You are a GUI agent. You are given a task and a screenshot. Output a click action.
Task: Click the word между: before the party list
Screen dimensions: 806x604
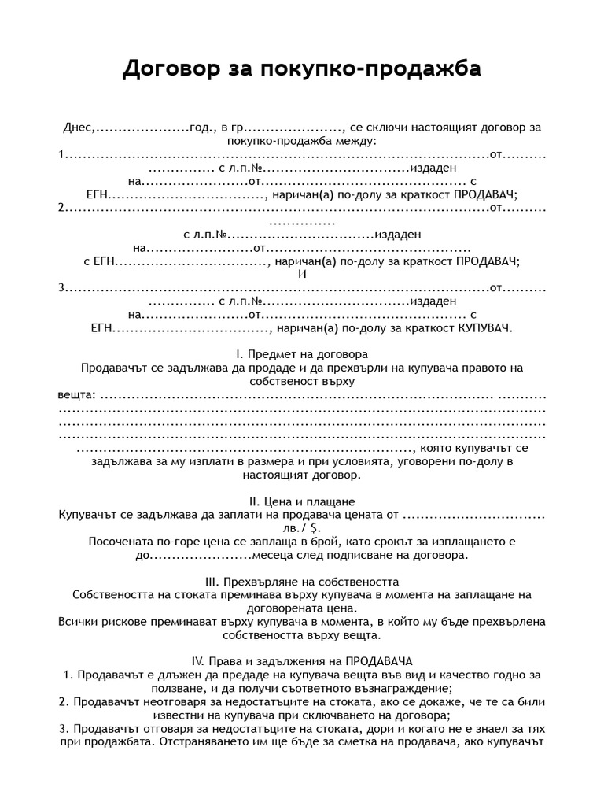click(355, 141)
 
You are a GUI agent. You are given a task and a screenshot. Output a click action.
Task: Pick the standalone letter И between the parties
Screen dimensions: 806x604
click(302, 274)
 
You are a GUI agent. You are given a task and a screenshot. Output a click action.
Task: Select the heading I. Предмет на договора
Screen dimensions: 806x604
click(302, 354)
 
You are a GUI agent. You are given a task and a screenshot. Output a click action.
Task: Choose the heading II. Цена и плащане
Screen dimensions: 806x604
click(302, 501)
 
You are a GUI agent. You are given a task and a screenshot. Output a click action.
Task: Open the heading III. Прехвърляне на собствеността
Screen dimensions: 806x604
click(302, 581)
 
